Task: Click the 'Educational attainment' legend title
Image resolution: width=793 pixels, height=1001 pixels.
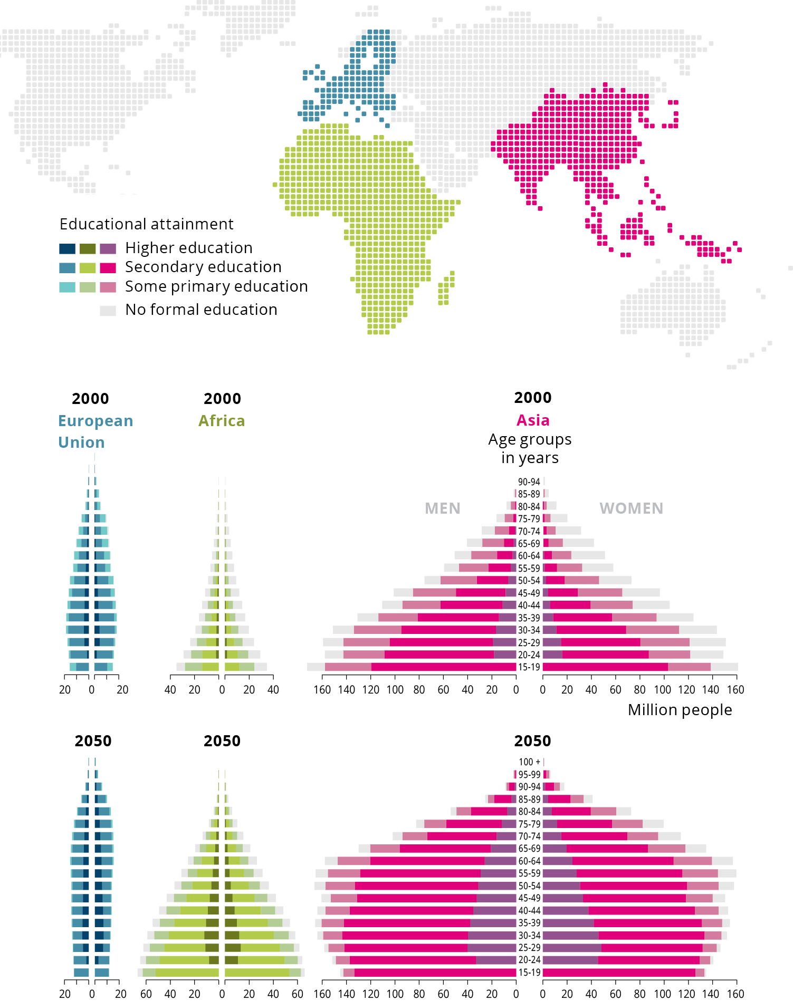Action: (146, 224)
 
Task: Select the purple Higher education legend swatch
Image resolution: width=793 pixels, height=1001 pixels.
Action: (108, 248)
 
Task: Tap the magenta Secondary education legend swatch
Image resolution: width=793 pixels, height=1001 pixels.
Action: (108, 268)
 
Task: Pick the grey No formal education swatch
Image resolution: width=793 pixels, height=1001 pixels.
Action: (108, 310)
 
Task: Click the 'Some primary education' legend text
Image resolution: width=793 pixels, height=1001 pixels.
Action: (216, 286)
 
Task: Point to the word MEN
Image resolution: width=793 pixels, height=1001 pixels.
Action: (442, 508)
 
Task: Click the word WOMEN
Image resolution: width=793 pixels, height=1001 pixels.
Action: (631, 508)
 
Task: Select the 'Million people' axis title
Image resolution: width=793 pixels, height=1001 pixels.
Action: (680, 710)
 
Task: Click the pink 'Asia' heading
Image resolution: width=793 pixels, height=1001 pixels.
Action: (533, 420)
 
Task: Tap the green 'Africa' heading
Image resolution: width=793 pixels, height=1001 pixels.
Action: (222, 421)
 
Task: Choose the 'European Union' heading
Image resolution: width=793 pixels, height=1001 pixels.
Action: (95, 431)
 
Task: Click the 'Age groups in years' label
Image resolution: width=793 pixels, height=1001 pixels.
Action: (530, 448)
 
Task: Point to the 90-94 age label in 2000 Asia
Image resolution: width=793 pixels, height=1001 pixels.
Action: (529, 482)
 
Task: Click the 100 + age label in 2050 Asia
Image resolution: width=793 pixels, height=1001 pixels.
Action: (529, 762)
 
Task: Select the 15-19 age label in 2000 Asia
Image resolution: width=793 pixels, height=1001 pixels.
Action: (529, 667)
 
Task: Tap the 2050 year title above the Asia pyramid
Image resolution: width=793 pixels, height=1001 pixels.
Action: (532, 741)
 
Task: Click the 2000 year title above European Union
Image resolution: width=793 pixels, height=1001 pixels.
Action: (90, 399)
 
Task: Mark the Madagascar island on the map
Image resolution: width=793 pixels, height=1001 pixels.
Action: (445, 289)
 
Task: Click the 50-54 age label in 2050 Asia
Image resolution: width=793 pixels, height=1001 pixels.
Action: (529, 886)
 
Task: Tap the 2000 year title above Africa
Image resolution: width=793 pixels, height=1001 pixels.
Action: (222, 399)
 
